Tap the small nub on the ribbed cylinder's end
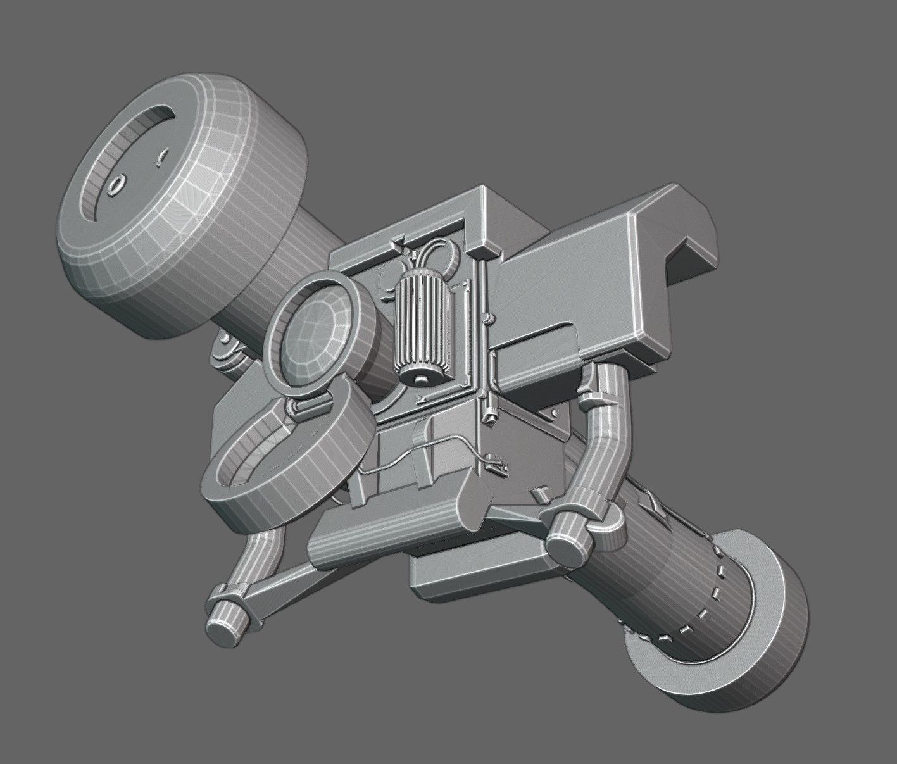(x=421, y=379)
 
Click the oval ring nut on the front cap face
(x=116, y=184)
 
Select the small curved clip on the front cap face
(x=161, y=158)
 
